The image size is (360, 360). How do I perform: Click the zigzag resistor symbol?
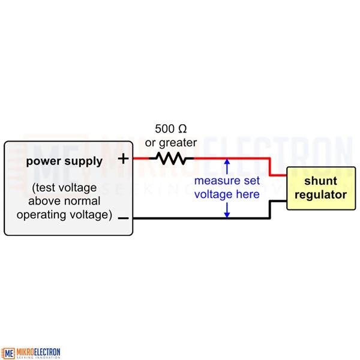(171, 158)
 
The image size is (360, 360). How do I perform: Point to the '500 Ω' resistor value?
(170, 128)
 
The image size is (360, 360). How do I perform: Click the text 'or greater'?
(170, 142)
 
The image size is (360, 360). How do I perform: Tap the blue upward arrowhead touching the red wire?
(227, 162)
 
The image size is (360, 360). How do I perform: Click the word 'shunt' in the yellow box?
(320, 181)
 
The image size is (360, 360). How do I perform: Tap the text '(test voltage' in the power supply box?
(65, 187)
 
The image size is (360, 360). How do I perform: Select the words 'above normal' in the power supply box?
(65, 201)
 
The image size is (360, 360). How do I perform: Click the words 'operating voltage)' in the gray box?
(65, 215)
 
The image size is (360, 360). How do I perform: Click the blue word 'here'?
(247, 194)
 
